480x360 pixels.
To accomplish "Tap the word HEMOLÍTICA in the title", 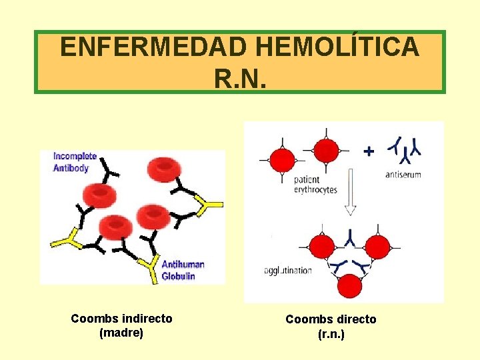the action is click(x=339, y=47).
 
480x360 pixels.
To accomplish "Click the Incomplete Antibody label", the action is click(x=75, y=162).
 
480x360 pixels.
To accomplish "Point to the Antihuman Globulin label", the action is click(x=183, y=270).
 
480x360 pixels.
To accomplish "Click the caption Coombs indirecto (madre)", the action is click(x=121, y=325).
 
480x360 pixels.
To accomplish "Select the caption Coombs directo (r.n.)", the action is click(x=331, y=326).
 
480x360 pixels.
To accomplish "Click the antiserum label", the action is click(x=403, y=175).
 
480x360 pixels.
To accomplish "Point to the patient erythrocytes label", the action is click(x=315, y=185).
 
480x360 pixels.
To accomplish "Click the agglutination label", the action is click(x=288, y=270).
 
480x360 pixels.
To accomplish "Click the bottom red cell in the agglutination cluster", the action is click(x=349, y=286).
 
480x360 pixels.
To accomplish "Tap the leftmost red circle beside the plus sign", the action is click(x=282, y=161).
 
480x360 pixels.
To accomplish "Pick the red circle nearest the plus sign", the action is click(x=326, y=151).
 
